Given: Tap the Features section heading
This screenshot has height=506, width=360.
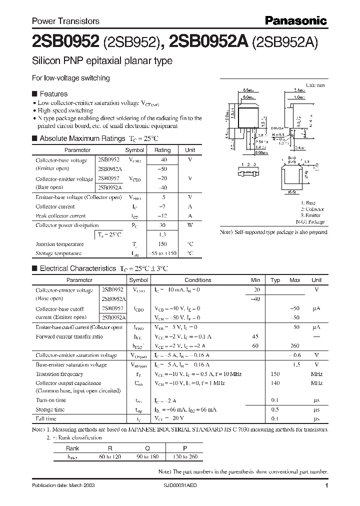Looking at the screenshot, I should tap(53, 93).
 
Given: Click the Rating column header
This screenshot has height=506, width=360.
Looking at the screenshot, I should tap(162, 150).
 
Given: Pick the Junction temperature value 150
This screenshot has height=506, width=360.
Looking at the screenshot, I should tap(162, 244).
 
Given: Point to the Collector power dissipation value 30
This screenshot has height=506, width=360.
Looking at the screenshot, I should tap(162, 225).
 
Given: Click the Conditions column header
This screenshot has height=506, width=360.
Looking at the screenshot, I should tap(198, 280).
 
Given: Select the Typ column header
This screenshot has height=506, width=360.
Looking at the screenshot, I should tap(275, 280).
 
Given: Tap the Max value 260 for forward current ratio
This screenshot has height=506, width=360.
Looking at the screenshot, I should tap(295, 345).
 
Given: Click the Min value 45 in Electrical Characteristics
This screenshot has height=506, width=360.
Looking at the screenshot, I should tap(255, 336).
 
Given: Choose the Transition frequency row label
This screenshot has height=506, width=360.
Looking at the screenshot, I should tap(59, 374).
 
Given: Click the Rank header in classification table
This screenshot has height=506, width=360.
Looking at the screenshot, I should tap(72, 448).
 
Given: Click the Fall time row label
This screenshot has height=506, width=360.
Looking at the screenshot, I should tap(46, 418).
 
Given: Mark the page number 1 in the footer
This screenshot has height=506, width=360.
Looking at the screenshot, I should tap(326, 485).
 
